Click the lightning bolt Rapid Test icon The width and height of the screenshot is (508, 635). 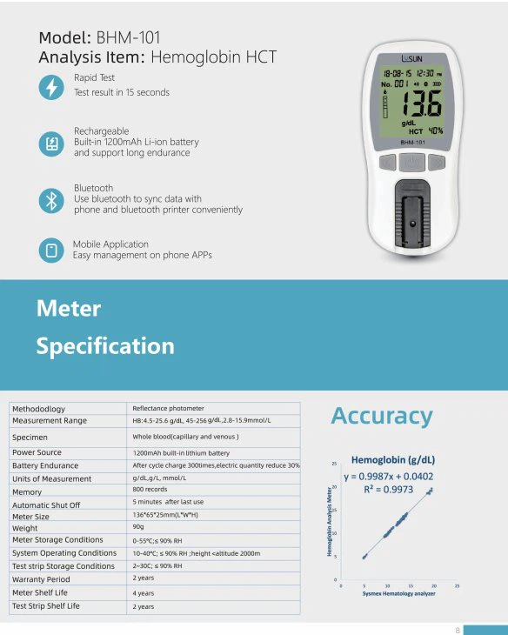pyautogui.click(x=51, y=87)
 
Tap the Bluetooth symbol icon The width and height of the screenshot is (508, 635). pyautogui.click(x=51, y=199)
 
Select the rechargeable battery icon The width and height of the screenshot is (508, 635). pyautogui.click(x=51, y=143)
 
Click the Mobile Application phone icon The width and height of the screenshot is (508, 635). pyautogui.click(x=51, y=251)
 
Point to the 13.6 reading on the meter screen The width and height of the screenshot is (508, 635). pyautogui.click(x=421, y=104)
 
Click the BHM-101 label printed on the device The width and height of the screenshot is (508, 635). pyautogui.click(x=412, y=142)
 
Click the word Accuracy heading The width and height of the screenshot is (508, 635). pyautogui.click(x=381, y=416)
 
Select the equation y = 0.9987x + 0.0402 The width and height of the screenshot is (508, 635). pyautogui.click(x=388, y=476)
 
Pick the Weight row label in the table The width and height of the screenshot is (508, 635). pyautogui.click(x=24, y=528)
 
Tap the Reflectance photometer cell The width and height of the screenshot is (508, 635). pyautogui.click(x=168, y=408)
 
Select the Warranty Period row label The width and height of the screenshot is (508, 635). pyautogui.click(x=41, y=578)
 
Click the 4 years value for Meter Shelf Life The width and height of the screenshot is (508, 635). pyautogui.click(x=144, y=592)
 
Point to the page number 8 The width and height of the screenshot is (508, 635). pyautogui.click(x=457, y=629)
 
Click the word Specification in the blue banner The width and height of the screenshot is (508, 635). pyautogui.click(x=104, y=346)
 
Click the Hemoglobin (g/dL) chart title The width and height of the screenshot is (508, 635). pyautogui.click(x=392, y=459)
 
